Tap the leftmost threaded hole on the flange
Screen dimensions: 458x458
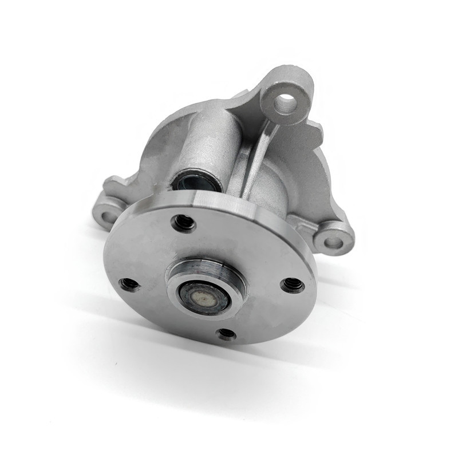[130, 284]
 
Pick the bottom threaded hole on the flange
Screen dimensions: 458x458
[227, 333]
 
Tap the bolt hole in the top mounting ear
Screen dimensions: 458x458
[285, 104]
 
